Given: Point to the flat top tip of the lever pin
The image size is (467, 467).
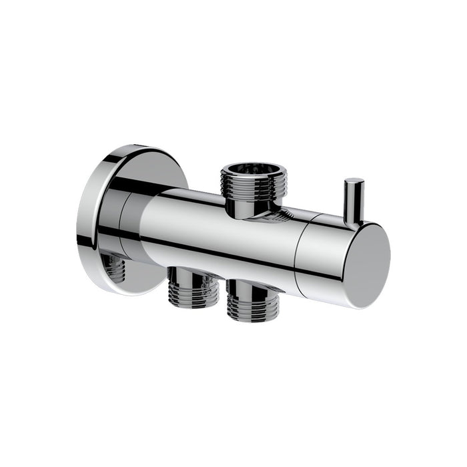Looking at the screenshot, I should tap(354, 181).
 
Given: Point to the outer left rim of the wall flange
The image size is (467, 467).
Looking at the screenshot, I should tap(82, 220).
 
